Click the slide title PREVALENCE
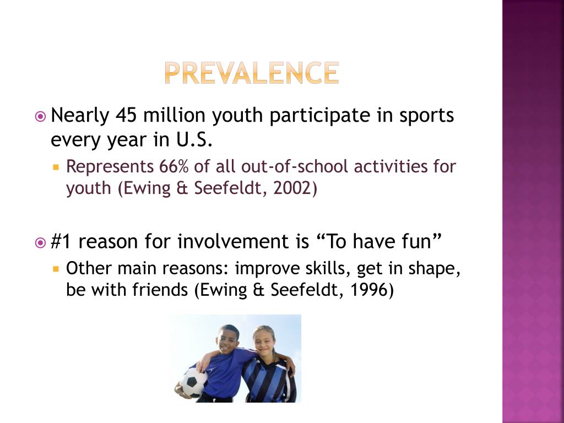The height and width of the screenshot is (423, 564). point(251,73)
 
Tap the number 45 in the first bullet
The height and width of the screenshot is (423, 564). point(126,116)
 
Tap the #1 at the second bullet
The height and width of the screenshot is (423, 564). point(61,241)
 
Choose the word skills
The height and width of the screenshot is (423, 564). point(328,268)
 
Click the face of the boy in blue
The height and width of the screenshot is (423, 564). point(227,339)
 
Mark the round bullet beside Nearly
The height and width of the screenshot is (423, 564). point(40,116)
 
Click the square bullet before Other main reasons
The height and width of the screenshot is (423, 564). point(56,269)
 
